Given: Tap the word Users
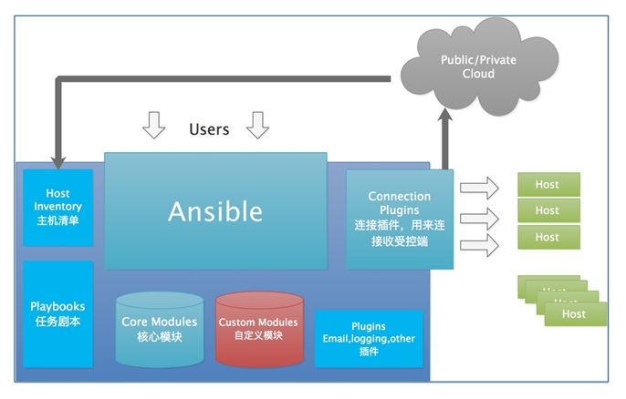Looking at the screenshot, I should click(x=209, y=128).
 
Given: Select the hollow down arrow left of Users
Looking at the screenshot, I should click(x=154, y=126).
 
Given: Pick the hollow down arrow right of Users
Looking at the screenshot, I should click(x=258, y=126).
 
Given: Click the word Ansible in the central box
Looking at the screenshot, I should click(x=215, y=211).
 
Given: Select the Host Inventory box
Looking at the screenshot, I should click(x=57, y=207).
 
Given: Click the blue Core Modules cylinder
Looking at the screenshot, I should click(x=160, y=328).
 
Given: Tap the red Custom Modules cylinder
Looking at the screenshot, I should click(x=258, y=328).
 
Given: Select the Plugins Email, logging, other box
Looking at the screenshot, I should click(x=369, y=338).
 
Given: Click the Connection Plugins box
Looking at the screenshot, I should click(x=400, y=219).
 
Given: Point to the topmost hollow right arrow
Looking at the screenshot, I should click(x=479, y=189).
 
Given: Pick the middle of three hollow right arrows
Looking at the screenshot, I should click(x=479, y=218).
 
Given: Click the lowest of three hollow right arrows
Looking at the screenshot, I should click(x=479, y=244).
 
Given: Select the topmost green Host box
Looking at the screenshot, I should click(x=548, y=184).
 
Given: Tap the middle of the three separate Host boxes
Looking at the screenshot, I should click(x=548, y=210).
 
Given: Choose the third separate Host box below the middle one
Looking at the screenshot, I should click(x=548, y=237).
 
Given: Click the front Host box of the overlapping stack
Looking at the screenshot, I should click(x=575, y=314).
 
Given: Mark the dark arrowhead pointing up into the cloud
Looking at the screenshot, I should click(x=444, y=117).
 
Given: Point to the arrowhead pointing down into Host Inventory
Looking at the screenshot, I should click(x=57, y=161).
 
